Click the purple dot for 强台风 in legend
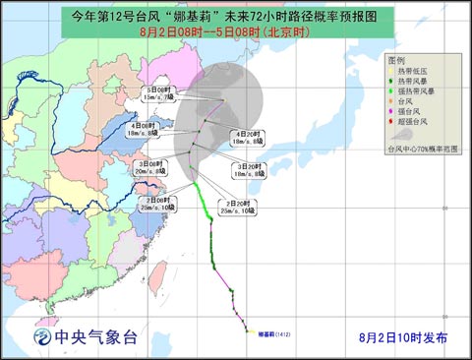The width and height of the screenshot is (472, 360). [x=393, y=115]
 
